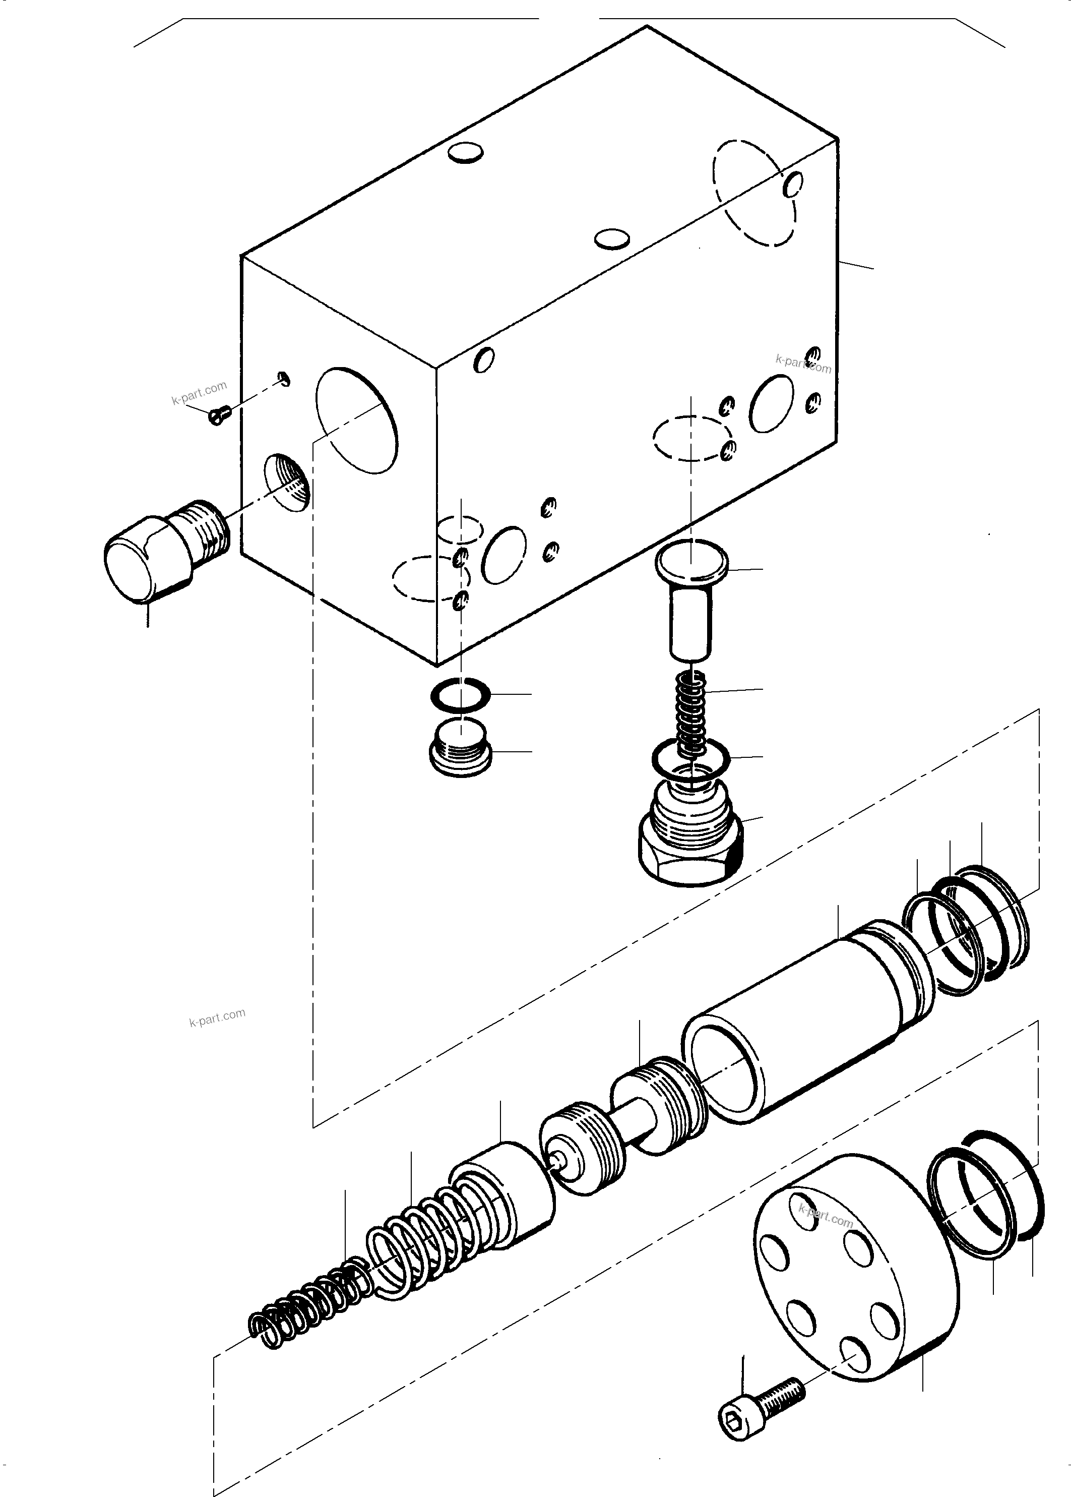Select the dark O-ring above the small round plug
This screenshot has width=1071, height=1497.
coord(460,695)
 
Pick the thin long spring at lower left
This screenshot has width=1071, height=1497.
coord(303,1303)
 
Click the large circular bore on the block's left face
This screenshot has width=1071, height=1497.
coord(357,420)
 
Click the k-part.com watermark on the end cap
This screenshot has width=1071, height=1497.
coord(825,1217)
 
